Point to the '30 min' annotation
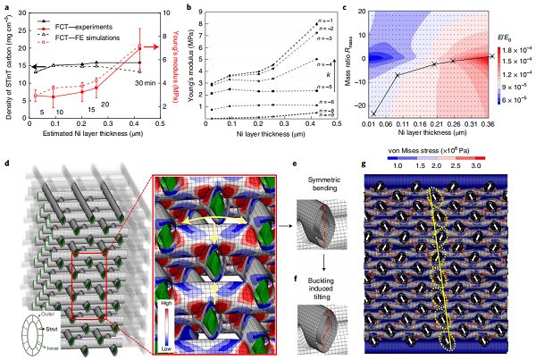(146, 82)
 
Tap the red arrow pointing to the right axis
(155, 46)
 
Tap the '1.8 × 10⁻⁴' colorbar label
(516, 53)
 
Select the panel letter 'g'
(362, 163)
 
